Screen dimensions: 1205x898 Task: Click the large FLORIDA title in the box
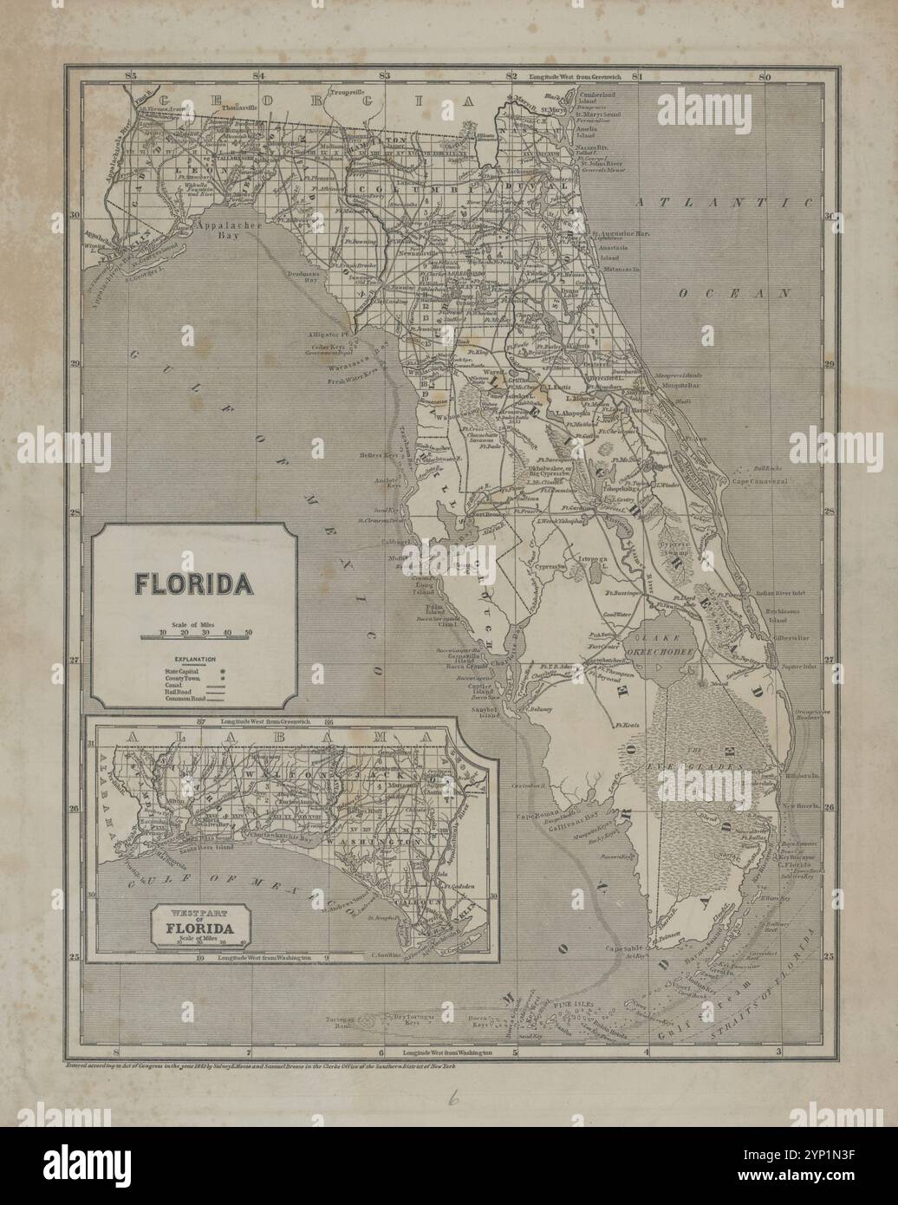194,583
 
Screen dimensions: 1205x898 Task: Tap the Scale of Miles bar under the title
194,636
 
